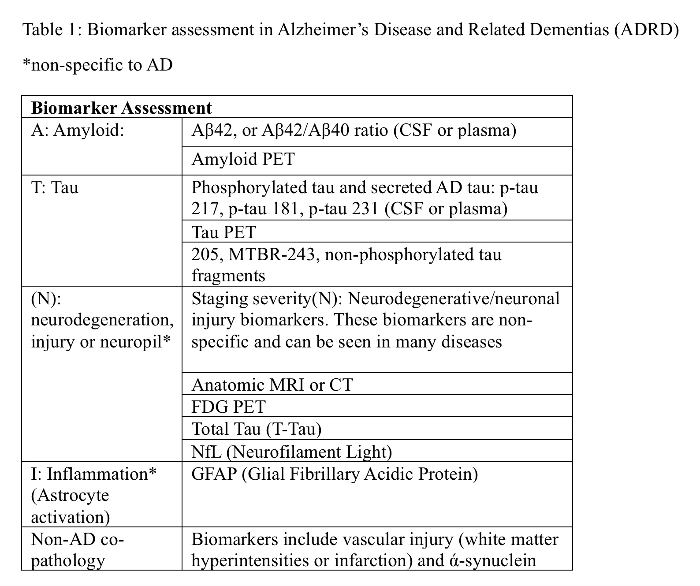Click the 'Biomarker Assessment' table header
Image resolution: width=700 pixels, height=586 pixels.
(122, 108)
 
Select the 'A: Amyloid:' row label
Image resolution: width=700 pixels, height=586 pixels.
(78, 131)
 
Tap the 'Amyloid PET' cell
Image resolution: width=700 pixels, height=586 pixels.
(243, 159)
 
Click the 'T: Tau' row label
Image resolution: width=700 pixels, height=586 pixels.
(55, 187)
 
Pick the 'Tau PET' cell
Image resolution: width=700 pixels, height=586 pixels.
(223, 232)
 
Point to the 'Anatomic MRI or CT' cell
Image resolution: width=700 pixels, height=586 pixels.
(272, 385)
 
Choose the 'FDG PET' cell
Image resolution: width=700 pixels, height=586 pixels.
(228, 407)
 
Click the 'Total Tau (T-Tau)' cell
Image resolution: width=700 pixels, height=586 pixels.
(256, 429)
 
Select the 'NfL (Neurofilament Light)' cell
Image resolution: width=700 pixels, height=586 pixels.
(291, 452)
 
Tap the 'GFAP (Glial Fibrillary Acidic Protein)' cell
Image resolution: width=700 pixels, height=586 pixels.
(335, 474)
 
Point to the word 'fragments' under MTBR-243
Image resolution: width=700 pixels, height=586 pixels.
(228, 276)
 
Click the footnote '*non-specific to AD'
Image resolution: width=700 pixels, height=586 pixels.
(97, 65)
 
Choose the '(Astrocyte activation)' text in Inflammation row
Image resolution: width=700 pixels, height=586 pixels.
(71, 506)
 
